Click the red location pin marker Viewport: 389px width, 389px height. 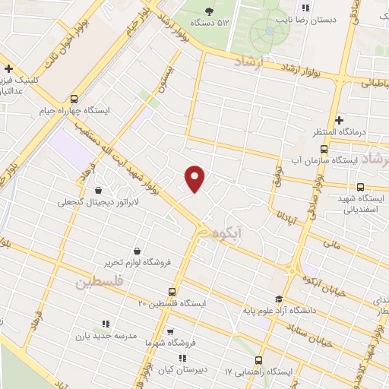(195, 178)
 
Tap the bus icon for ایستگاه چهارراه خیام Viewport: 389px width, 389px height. (74, 99)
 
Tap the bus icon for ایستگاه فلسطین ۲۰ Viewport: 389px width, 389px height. (172, 291)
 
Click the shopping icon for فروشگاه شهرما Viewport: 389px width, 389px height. (170, 331)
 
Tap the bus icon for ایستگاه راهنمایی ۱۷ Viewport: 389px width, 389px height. (259, 360)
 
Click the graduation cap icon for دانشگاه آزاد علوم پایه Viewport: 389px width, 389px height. (279, 299)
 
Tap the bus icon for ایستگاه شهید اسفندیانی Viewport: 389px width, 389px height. (360, 188)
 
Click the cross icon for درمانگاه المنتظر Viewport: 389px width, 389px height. (340, 120)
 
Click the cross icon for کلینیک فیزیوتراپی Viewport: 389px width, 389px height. (8, 68)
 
